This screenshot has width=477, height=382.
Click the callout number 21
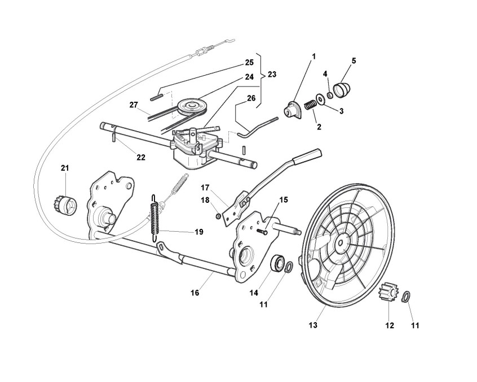(65, 168)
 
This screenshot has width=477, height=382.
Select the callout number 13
(313, 325)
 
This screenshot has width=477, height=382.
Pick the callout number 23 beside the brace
(272, 74)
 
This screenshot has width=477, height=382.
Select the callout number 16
(195, 293)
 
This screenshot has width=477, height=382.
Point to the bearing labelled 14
(278, 263)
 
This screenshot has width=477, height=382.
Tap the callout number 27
(134, 105)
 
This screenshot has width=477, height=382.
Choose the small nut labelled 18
(218, 216)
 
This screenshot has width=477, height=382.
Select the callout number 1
(313, 56)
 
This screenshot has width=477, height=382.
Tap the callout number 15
(284, 199)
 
